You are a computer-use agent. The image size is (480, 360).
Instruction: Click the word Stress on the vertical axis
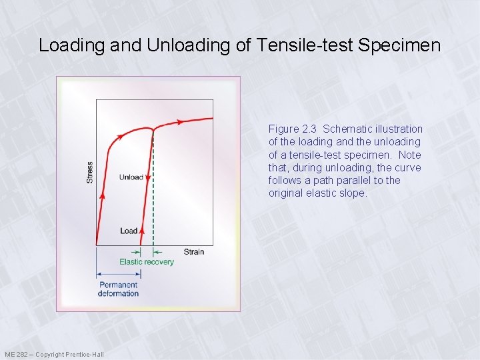click(89, 173)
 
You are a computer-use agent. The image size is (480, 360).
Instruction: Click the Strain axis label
click(193, 251)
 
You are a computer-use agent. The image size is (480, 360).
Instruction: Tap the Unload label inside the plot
click(131, 177)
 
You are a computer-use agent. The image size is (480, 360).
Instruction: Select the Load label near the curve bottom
click(129, 231)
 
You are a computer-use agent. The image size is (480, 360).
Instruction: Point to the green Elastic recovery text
click(147, 261)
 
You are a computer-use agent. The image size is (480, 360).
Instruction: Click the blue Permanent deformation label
click(118, 289)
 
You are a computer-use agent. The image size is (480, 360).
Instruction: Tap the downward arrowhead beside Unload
click(148, 177)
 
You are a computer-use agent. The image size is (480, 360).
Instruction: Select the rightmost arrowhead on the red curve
click(179, 122)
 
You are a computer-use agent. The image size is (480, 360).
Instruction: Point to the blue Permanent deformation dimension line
click(117, 274)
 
